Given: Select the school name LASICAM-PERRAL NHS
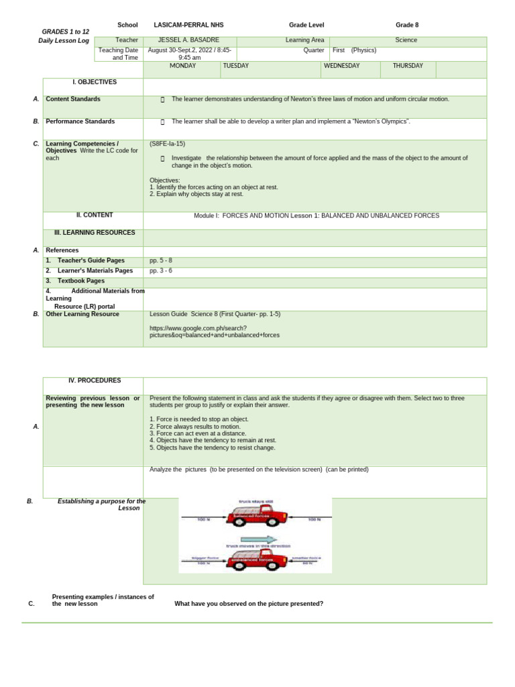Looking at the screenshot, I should tap(188, 25).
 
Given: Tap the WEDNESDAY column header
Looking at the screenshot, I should tap(341, 66).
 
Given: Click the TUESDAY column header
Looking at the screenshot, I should tap(235, 66).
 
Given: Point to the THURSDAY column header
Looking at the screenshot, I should tap(408, 66).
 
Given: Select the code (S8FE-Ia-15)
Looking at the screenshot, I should tap(167, 144).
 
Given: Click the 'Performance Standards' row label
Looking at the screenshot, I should tap(80, 121).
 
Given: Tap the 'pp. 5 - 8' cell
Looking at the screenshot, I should tap(161, 260).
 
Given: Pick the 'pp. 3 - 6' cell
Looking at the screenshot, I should tap(161, 270).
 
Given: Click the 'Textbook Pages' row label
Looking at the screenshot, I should tap(80, 280).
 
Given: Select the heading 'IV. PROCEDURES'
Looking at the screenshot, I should tap(95, 380).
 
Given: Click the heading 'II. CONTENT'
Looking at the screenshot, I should tap(95, 215).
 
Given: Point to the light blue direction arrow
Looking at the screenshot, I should tap(258, 539).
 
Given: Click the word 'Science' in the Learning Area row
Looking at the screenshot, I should tap(406, 40).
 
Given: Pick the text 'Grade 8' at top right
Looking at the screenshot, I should tap(406, 25).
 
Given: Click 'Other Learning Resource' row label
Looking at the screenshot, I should tap(82, 314).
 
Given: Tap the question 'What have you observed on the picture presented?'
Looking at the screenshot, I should tap(249, 604).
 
